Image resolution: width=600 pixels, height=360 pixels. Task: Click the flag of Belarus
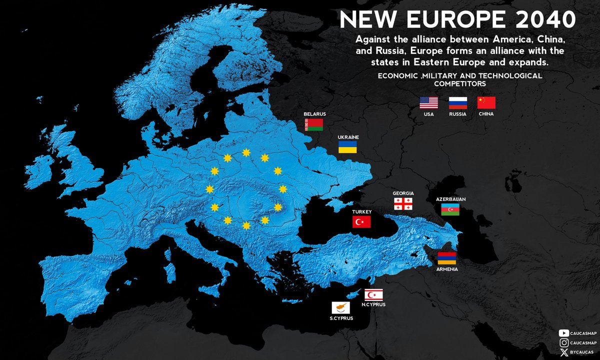click(314, 125)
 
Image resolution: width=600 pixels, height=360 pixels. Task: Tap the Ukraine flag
click(348, 147)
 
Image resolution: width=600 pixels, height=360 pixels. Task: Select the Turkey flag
click(361, 221)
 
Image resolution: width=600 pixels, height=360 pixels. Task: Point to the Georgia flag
click(402, 203)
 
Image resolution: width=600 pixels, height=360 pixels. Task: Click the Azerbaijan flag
click(450, 210)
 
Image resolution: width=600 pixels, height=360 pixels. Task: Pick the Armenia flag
click(447, 258)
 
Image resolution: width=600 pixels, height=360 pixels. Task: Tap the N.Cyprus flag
click(373, 295)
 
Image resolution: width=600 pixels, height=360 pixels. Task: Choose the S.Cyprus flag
click(340, 308)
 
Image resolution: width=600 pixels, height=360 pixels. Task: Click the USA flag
click(428, 103)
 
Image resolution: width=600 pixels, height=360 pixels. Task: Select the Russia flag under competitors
click(457, 103)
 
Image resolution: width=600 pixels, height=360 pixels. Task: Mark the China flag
click(486, 103)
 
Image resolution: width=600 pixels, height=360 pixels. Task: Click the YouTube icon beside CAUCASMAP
click(564, 333)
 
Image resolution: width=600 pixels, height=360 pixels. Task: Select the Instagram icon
click(564, 342)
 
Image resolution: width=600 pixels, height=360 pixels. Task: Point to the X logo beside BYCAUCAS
click(564, 352)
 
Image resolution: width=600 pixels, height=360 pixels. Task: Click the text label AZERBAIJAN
click(450, 199)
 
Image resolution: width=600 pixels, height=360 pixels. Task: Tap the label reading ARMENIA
click(447, 269)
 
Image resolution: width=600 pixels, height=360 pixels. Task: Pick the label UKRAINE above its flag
click(348, 136)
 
